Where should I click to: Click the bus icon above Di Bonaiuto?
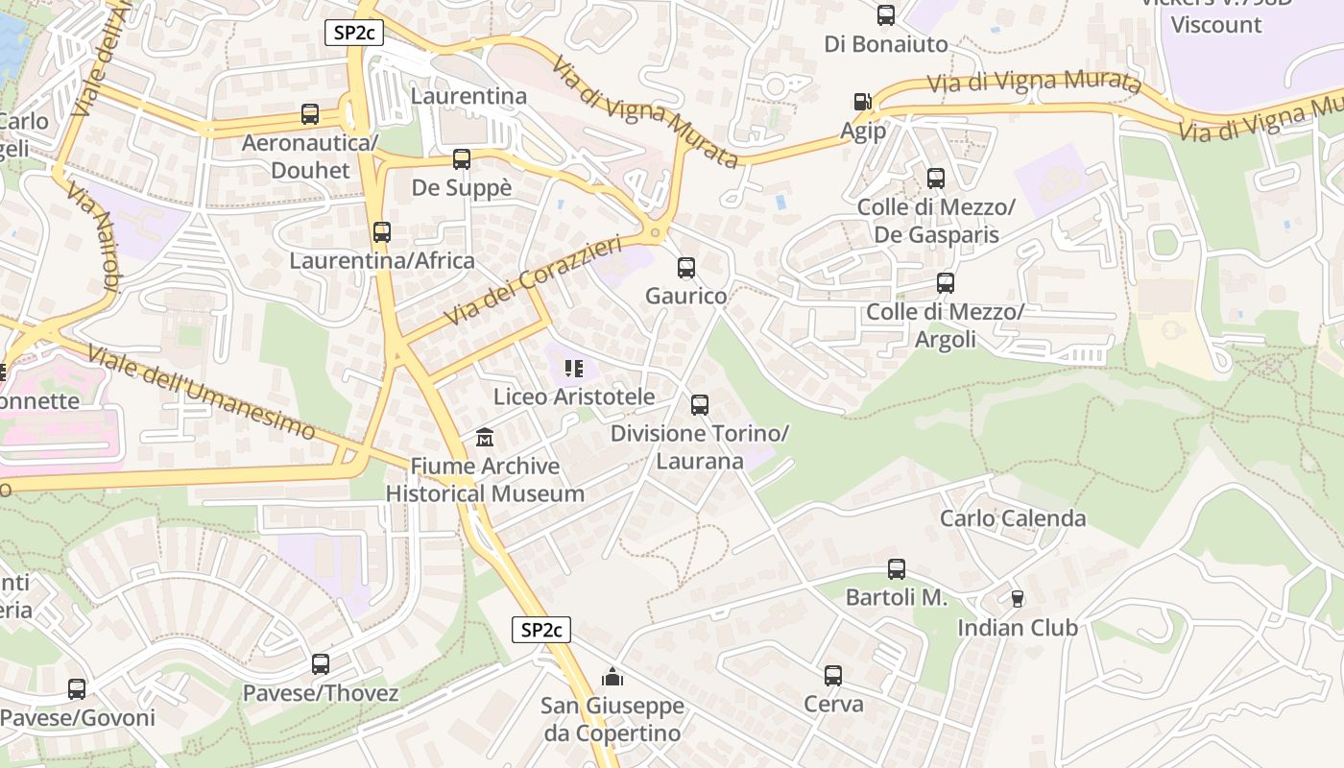pyautogui.click(x=885, y=15)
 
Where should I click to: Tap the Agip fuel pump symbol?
pyautogui.click(x=862, y=102)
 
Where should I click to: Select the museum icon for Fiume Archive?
pyautogui.click(x=486, y=438)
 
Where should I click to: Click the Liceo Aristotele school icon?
pyautogui.click(x=574, y=368)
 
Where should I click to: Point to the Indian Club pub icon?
pyautogui.click(x=1018, y=599)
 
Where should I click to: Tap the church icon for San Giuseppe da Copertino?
pyautogui.click(x=612, y=677)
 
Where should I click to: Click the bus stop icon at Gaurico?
pyautogui.click(x=685, y=268)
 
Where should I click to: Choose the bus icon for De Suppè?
pyautogui.click(x=462, y=159)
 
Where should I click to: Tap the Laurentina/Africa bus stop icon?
pyautogui.click(x=382, y=232)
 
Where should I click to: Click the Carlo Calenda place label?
pyautogui.click(x=1013, y=518)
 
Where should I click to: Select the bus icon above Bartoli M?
pyautogui.click(x=896, y=569)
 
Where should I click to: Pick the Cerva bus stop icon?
pyautogui.click(x=833, y=676)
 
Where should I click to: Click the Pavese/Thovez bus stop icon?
pyautogui.click(x=321, y=664)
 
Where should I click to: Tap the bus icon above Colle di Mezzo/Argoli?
pyautogui.click(x=946, y=283)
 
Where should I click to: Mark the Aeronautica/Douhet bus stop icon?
pyautogui.click(x=310, y=114)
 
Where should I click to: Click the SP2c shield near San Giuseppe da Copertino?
pyautogui.click(x=541, y=631)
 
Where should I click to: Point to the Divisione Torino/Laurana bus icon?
pyautogui.click(x=700, y=405)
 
